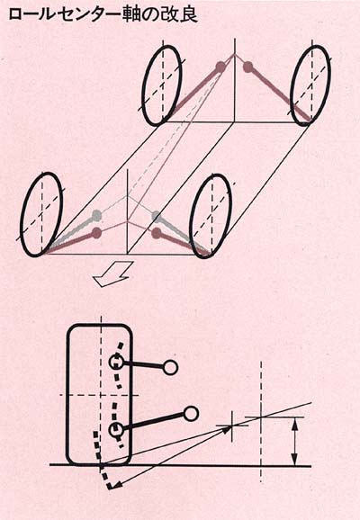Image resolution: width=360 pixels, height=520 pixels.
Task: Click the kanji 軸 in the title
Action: tap(133, 14)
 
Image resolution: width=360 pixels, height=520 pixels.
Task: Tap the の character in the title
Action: tap(151, 15)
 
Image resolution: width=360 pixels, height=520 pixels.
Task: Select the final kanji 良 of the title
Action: tap(189, 14)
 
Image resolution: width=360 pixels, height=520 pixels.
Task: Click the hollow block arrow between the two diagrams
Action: tap(113, 273)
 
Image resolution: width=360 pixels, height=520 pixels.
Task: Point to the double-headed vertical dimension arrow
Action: tap(294, 441)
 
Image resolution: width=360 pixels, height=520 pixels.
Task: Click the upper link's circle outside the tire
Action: tap(170, 367)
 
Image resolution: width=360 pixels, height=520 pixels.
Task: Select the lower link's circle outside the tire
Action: tap(191, 414)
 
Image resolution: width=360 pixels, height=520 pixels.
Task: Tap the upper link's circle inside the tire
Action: tap(116, 362)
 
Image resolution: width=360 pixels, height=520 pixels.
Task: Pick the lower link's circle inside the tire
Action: tap(116, 430)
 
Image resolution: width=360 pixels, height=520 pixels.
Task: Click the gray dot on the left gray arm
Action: tap(97, 215)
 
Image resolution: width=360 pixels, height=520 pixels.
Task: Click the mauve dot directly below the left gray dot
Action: tap(96, 233)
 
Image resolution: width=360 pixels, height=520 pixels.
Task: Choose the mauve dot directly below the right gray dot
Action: tap(157, 233)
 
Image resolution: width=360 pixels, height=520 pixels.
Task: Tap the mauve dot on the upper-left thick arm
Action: tap(220, 67)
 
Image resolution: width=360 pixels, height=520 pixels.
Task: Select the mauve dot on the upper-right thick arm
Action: tap(247, 67)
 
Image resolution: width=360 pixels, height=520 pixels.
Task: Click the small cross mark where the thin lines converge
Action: tap(232, 426)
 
